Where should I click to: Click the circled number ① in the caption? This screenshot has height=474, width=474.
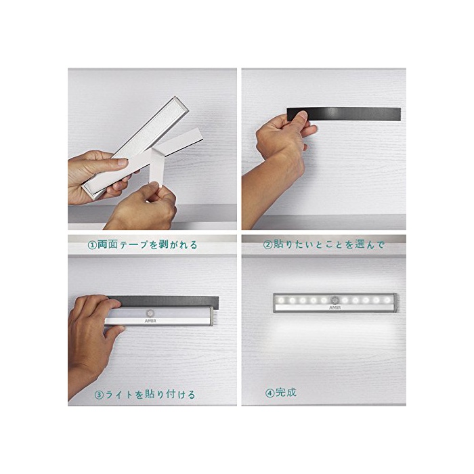(92, 245)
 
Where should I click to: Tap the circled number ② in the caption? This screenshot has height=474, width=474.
(268, 244)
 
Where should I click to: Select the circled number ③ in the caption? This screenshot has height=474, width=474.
(99, 395)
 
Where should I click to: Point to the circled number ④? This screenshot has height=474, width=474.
(270, 393)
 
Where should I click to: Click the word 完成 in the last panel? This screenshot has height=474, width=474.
(286, 392)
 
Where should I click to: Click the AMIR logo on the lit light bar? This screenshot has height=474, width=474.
(335, 307)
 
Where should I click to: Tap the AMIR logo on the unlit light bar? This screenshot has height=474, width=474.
(150, 321)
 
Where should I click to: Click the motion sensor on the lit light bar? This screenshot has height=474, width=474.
(335, 300)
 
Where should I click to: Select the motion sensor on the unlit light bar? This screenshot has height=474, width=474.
(150, 313)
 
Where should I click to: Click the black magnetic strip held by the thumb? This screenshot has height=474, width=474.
(344, 114)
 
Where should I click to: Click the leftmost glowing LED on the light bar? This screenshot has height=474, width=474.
(282, 301)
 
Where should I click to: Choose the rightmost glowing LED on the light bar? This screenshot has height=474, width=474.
(387, 300)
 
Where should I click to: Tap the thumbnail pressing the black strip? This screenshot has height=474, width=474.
(303, 115)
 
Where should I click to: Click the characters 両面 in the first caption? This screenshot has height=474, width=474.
(107, 244)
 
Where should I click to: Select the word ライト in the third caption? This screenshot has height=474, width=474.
(119, 395)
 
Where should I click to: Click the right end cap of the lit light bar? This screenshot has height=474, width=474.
(395, 303)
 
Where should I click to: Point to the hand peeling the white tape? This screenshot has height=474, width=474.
(142, 206)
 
